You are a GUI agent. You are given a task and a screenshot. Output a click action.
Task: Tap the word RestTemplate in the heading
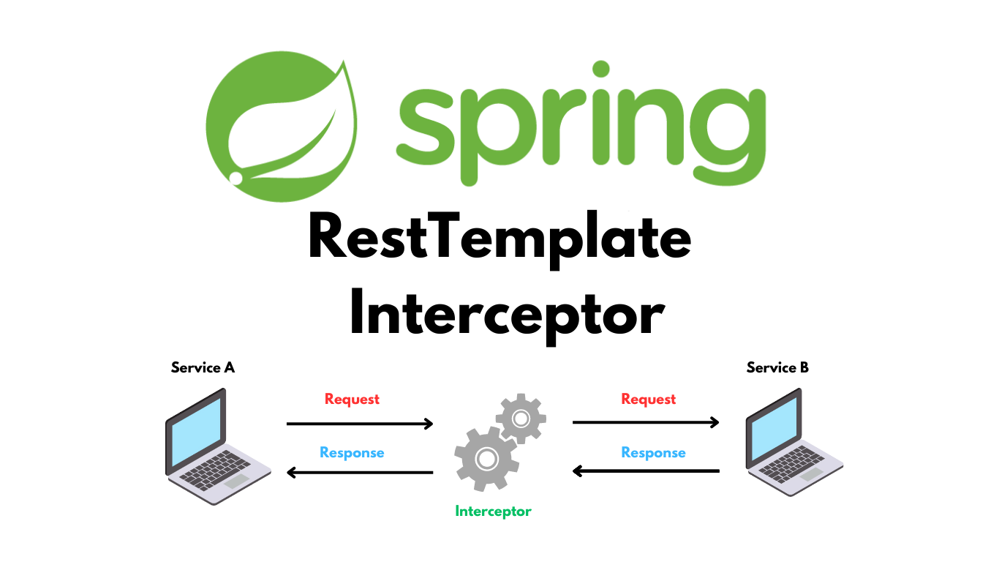pyautogui.click(x=499, y=237)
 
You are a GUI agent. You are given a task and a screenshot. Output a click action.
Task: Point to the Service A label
pyautogui.click(x=203, y=367)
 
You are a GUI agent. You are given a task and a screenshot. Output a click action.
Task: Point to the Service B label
pyautogui.click(x=777, y=367)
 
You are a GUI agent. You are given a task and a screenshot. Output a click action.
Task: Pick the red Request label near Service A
pyautogui.click(x=352, y=400)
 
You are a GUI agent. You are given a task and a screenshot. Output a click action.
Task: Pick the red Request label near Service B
pyautogui.click(x=649, y=400)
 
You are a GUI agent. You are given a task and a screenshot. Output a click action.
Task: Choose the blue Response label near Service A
pyautogui.click(x=352, y=453)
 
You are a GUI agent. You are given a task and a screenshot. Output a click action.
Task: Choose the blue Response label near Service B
pyautogui.click(x=653, y=453)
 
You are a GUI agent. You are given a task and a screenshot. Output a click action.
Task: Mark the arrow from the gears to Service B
pyautogui.click(x=646, y=422)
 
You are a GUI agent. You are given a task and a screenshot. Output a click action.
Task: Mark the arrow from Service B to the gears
pyautogui.click(x=646, y=471)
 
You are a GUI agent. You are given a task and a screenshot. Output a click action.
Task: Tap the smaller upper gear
pyautogui.click(x=521, y=419)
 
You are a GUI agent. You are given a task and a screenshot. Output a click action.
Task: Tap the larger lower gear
pyautogui.click(x=486, y=459)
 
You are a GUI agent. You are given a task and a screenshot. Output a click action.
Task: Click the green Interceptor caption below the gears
pyautogui.click(x=493, y=511)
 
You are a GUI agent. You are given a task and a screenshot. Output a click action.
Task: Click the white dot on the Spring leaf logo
pyautogui.click(x=236, y=178)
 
